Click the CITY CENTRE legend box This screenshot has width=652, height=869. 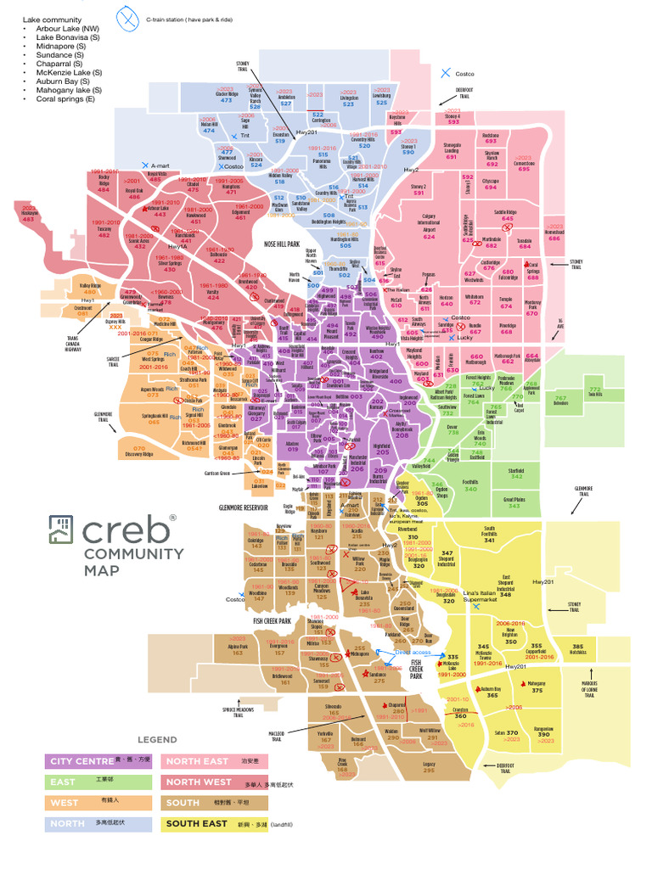click(x=98, y=760)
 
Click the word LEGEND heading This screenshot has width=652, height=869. click(x=157, y=740)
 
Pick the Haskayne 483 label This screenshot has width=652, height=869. click(x=29, y=216)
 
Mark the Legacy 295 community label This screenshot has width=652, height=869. click(x=429, y=767)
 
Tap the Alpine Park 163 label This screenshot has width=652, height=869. click(x=238, y=650)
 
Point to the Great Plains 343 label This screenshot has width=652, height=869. click(x=514, y=502)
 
